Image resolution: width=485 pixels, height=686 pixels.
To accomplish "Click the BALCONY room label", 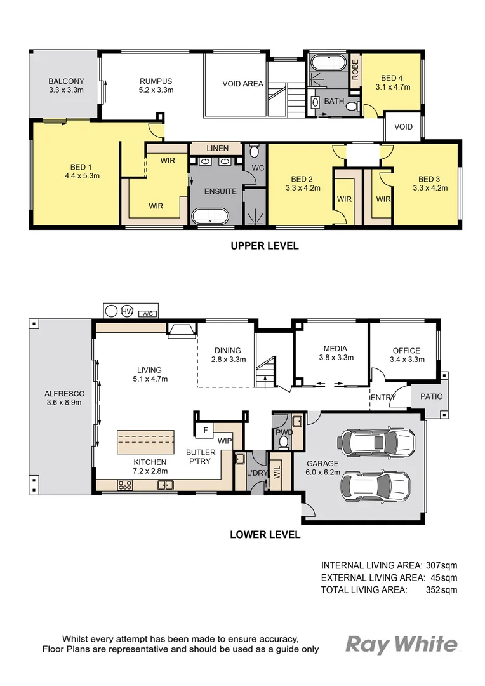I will [66, 81].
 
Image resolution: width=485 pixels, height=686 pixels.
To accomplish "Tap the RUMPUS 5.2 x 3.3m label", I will [156, 81].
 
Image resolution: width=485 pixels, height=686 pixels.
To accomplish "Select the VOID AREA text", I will [242, 84].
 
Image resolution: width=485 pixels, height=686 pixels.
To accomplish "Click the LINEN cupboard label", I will [217, 149].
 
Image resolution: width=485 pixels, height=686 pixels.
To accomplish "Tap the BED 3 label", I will [430, 179].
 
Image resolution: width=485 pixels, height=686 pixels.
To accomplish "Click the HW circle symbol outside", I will [127, 312].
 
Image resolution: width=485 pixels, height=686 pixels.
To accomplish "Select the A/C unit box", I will [147, 313].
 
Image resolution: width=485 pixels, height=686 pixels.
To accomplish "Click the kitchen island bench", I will [145, 441].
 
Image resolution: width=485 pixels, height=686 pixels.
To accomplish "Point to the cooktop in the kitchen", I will [124, 485].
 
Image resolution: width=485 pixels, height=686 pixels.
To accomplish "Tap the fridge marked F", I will [204, 430].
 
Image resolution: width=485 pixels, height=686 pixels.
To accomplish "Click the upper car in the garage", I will [377, 440].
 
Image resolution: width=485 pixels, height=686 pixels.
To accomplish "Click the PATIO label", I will [430, 397].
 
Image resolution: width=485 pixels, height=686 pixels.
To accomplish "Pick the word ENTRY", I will [383, 398].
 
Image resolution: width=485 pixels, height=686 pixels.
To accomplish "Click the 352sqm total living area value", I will [441, 590].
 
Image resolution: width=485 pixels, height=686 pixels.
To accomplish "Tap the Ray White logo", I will [401, 645].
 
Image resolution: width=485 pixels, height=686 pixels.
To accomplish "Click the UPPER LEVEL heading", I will [265, 246].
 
